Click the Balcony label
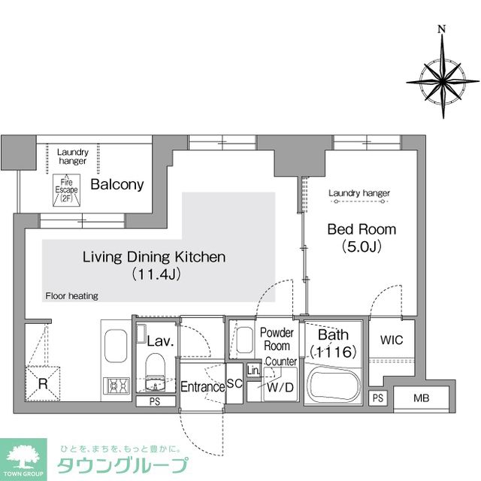pyautogui.click(x=117, y=185)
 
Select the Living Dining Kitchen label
pyautogui.click(x=154, y=257)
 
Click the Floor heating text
pyautogui.click(x=71, y=296)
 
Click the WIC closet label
pyautogui.click(x=392, y=340)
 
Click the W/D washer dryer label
pyautogui.click(x=280, y=388)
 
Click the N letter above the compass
pyautogui.click(x=442, y=30)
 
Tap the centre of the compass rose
pyautogui.click(x=442, y=78)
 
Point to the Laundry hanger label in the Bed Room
pyautogui.click(x=359, y=193)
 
